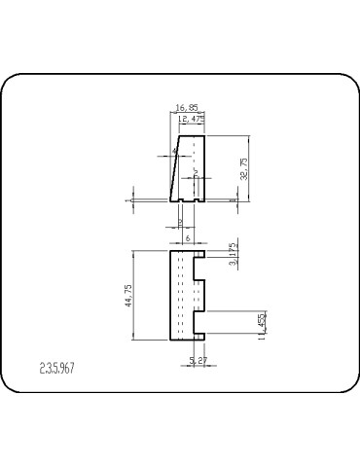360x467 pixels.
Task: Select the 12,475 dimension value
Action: [192, 120]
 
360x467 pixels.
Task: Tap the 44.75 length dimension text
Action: [142, 296]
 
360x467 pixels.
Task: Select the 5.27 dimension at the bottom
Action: [198, 361]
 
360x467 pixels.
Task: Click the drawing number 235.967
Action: [57, 369]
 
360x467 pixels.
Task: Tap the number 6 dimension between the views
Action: [188, 237]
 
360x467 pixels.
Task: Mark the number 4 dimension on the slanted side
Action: [175, 152]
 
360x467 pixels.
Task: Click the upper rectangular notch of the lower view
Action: [198, 266]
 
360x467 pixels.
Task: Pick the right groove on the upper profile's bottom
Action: [198, 199]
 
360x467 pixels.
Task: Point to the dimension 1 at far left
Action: [127, 200]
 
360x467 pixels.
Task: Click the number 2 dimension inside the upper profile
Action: [196, 173]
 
